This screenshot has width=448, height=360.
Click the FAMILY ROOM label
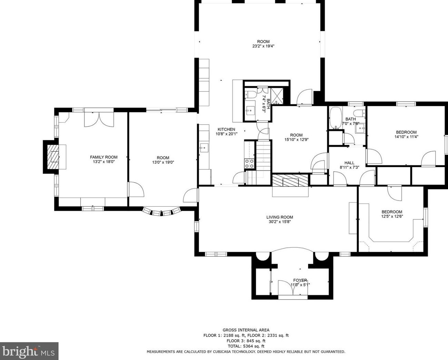pyautogui.click(x=103, y=157)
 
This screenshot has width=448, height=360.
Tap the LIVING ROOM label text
pyautogui.click(x=279, y=217)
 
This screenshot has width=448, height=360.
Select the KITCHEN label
pyautogui.click(x=226, y=130)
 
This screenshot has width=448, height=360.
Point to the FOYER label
pyautogui.click(x=300, y=280)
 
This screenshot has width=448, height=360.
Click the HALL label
pyautogui.click(x=349, y=163)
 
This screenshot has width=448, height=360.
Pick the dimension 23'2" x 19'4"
pyautogui.click(x=263, y=46)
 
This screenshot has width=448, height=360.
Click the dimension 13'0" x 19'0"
pyautogui.click(x=163, y=162)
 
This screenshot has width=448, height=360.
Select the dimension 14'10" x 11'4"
pyautogui.click(x=406, y=137)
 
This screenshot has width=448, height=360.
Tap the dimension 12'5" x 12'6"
pyautogui.click(x=392, y=216)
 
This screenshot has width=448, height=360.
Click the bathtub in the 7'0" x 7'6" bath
pyautogui.click(x=336, y=118)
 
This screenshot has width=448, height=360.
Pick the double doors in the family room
pyautogui.click(x=99, y=119)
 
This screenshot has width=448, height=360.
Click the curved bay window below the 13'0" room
pyautogui.click(x=161, y=212)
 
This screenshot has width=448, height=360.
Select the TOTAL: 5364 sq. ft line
pyautogui.click(x=246, y=346)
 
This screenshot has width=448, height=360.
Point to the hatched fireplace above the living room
pyautogui.click(x=290, y=181)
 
